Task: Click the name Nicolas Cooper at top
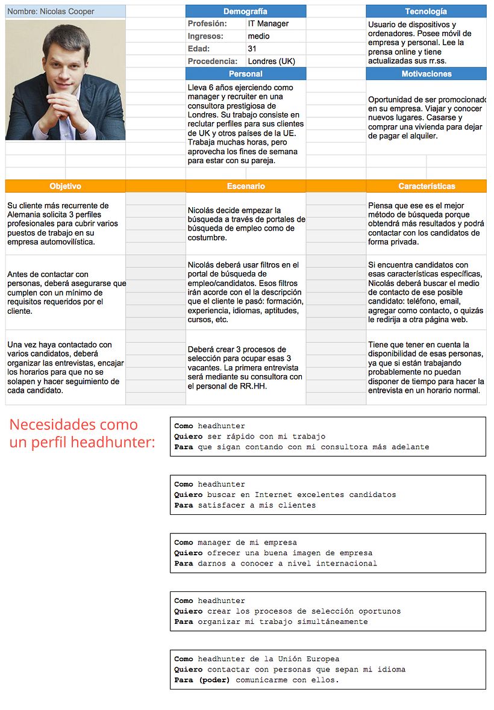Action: click(51, 11)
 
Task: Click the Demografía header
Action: click(245, 11)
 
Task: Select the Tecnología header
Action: click(425, 11)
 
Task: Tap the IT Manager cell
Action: click(268, 24)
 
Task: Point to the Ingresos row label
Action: click(205, 36)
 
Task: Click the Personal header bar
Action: click(245, 74)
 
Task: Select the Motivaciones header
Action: click(425, 74)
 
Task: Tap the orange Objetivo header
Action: click(65, 186)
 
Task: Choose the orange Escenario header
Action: click(245, 186)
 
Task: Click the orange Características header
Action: click(425, 186)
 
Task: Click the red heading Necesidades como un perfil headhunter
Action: click(82, 434)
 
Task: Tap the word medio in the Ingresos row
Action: click(258, 36)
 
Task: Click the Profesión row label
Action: click(207, 24)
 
